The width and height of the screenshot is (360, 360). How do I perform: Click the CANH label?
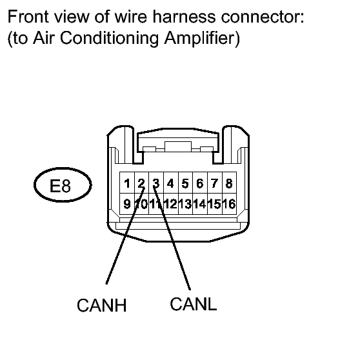click(x=102, y=305)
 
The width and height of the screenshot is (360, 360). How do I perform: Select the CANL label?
click(x=194, y=304)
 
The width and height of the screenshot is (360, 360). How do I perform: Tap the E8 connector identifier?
click(x=60, y=186)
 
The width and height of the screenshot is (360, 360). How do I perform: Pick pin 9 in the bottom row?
click(x=127, y=204)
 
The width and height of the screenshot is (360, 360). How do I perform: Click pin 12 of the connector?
click(x=171, y=204)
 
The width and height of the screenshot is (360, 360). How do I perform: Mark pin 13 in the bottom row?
click(x=185, y=204)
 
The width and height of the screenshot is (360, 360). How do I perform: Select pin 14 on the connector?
click(x=200, y=204)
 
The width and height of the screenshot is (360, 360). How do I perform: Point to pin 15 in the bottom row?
click(x=215, y=204)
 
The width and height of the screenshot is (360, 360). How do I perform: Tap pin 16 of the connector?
click(x=229, y=204)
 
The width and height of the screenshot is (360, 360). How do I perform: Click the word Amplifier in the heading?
click(x=202, y=38)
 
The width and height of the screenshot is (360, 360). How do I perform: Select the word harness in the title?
click(x=184, y=17)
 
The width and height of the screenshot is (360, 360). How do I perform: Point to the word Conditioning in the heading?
click(x=110, y=38)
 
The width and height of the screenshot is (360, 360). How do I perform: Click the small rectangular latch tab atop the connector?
click(x=178, y=146)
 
